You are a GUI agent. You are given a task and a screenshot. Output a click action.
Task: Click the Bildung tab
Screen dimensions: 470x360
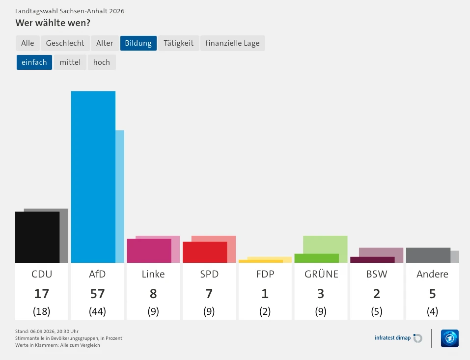138,43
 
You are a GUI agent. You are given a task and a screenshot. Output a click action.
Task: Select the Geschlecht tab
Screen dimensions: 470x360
65,43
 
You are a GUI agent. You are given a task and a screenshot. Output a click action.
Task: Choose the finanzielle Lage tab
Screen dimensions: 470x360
232,43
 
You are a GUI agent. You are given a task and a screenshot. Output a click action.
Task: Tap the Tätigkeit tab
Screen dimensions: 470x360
178,43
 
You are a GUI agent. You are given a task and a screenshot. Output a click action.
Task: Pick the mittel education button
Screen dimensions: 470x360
70,62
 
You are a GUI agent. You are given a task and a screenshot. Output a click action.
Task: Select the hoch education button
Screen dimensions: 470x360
102,62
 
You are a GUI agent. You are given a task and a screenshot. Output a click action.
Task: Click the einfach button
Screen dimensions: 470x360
34,62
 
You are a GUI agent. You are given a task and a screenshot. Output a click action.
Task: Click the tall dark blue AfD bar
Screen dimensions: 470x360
93,177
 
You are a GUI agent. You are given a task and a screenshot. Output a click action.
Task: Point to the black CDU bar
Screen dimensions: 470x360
37,237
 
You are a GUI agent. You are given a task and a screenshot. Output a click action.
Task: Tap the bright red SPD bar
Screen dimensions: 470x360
205,252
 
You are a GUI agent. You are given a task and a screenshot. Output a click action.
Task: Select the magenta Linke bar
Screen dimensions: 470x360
149,250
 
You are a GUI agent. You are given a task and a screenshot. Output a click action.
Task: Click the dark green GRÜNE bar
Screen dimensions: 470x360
317,258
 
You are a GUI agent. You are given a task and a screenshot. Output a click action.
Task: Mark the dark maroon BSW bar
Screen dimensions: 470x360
372,260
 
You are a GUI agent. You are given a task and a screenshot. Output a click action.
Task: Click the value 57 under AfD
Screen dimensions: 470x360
97,294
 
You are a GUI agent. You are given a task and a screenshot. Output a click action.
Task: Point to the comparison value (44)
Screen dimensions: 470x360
97,311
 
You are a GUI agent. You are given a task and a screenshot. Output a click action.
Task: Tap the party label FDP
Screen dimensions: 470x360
265,274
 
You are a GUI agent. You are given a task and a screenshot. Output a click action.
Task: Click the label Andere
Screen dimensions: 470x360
432,274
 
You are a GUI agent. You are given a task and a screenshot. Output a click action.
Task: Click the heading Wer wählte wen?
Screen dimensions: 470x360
53,23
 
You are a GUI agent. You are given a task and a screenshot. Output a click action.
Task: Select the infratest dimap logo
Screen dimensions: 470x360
398,338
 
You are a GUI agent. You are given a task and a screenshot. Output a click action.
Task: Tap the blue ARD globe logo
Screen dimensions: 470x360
449,338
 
